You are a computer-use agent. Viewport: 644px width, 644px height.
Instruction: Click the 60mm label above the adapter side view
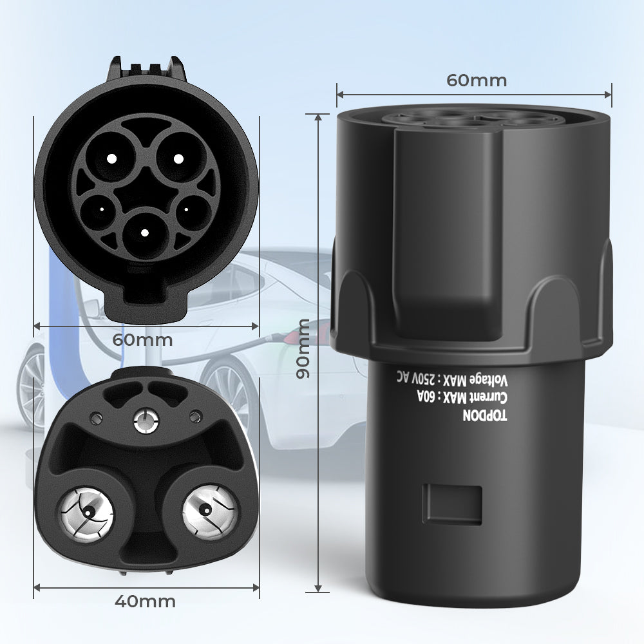pos(477,80)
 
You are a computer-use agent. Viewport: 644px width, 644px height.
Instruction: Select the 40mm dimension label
pos(146,601)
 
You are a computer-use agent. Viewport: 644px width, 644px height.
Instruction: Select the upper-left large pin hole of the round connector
pos(111,158)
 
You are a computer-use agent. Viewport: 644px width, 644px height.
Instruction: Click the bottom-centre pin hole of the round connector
pos(145,232)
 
